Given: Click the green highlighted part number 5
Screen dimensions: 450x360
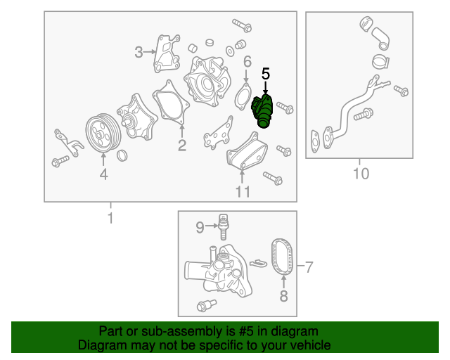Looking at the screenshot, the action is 262,111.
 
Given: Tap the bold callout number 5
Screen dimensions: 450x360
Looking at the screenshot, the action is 266,74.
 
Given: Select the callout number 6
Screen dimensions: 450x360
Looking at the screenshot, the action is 247,62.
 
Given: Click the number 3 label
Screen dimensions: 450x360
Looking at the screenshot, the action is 139,52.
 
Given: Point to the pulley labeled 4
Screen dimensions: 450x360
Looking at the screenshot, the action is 103,133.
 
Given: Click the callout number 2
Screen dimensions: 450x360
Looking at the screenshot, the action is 182,146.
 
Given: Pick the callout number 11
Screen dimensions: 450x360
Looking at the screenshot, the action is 243,191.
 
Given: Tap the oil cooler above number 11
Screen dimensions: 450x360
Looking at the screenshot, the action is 247,152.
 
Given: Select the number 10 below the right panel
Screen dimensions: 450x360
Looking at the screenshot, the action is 361,174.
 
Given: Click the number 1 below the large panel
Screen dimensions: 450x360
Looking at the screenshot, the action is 110,218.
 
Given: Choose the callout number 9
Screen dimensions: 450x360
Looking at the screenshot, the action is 200,227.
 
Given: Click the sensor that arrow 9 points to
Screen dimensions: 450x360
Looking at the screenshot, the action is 224,227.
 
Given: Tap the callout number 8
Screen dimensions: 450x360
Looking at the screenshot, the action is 283,296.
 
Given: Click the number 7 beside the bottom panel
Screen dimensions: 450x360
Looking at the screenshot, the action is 309,267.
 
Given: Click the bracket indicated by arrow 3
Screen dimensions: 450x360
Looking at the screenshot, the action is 167,53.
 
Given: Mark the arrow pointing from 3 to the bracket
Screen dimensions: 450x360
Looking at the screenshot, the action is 149,52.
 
